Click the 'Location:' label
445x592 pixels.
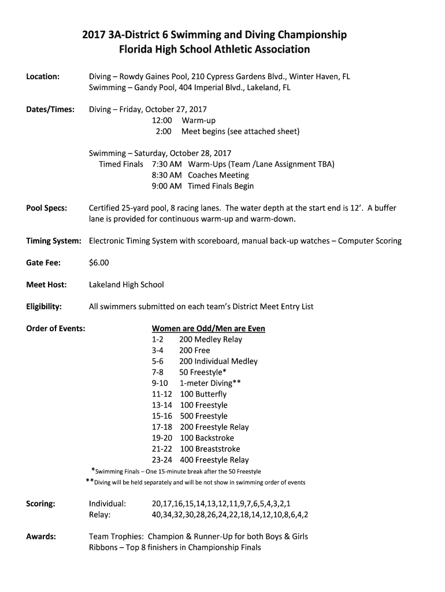43,77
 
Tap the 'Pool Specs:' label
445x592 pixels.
47,208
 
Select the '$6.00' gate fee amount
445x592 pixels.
99,263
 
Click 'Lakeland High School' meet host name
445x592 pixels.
126,284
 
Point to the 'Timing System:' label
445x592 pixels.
54,241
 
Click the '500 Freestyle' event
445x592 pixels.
203,416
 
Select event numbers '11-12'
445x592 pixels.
162,394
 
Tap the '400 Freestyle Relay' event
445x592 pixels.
214,460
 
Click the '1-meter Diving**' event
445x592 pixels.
210,383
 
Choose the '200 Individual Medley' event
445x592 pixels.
218,361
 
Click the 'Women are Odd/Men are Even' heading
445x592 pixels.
208,328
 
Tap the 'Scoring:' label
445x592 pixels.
41,504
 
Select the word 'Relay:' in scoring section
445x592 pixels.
100,515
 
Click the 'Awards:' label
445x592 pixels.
41,536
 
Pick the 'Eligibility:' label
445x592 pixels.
44,306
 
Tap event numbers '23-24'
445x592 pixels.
162,460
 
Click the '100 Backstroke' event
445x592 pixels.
206,438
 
